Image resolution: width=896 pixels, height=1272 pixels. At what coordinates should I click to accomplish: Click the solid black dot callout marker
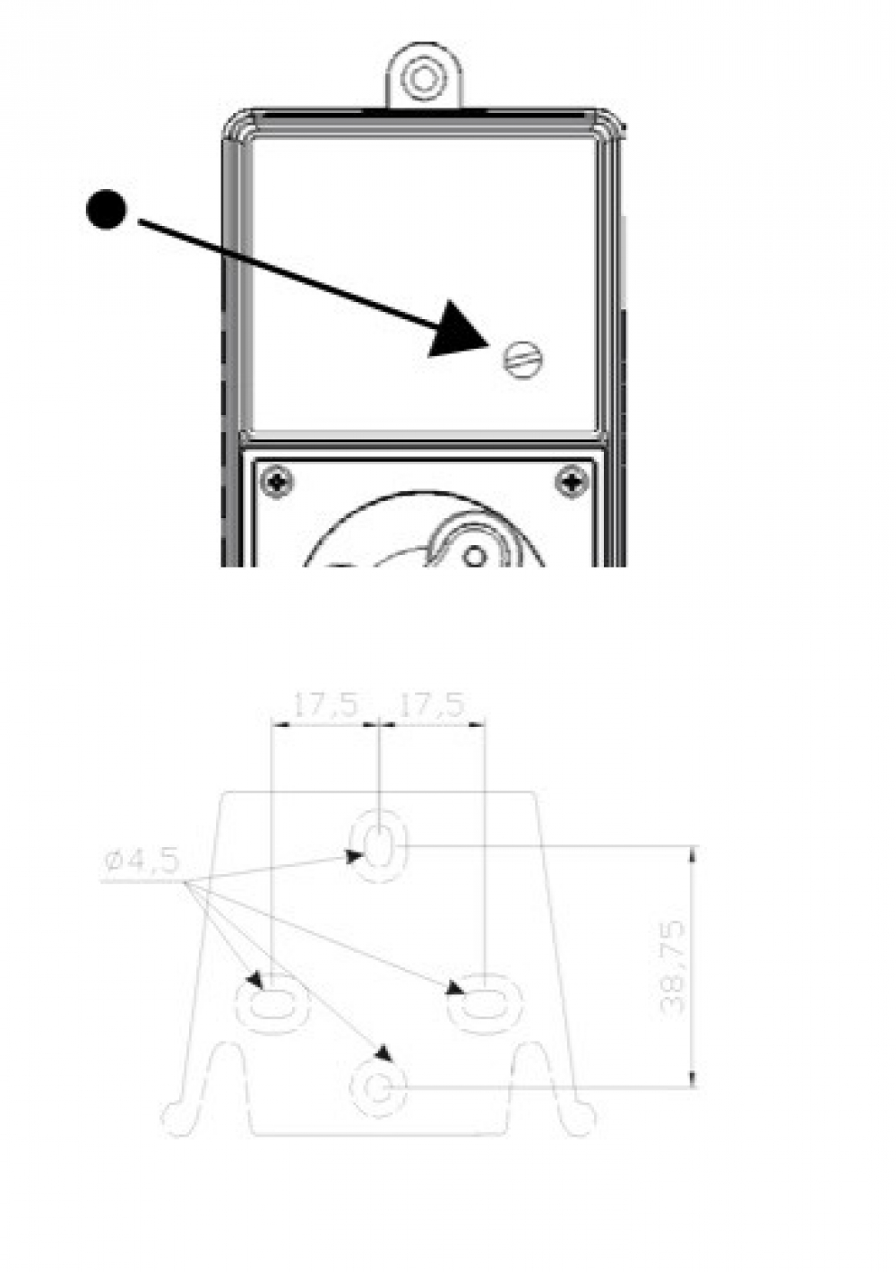pyautogui.click(x=107, y=209)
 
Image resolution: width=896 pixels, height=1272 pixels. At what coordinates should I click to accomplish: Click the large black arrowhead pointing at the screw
pyautogui.click(x=461, y=332)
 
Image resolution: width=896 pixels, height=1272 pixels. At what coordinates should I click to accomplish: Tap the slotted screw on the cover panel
pyautogui.click(x=525, y=361)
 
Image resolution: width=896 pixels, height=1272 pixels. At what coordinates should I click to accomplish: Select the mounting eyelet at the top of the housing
pyautogui.click(x=421, y=79)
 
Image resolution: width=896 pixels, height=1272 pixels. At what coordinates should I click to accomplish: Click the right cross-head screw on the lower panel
pyautogui.click(x=571, y=483)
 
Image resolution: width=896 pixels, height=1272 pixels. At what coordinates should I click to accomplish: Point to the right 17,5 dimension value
pyautogui.click(x=432, y=705)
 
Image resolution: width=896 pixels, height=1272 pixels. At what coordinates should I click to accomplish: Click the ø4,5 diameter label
pyautogui.click(x=142, y=861)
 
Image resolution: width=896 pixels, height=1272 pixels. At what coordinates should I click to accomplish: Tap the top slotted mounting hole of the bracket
pyautogui.click(x=379, y=844)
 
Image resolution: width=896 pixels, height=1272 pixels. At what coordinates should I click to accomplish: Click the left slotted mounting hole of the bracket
pyautogui.click(x=271, y=1003)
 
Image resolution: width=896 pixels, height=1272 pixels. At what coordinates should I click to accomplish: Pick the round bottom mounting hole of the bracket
pyautogui.click(x=378, y=1089)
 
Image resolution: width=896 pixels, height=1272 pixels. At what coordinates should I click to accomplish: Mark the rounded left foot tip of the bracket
pyautogui.click(x=175, y=1120)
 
